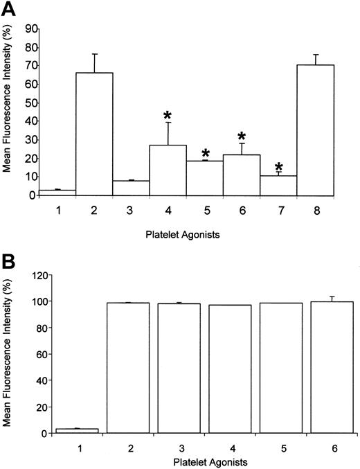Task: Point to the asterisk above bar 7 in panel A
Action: click(279, 168)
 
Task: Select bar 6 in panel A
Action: click(242, 175)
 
